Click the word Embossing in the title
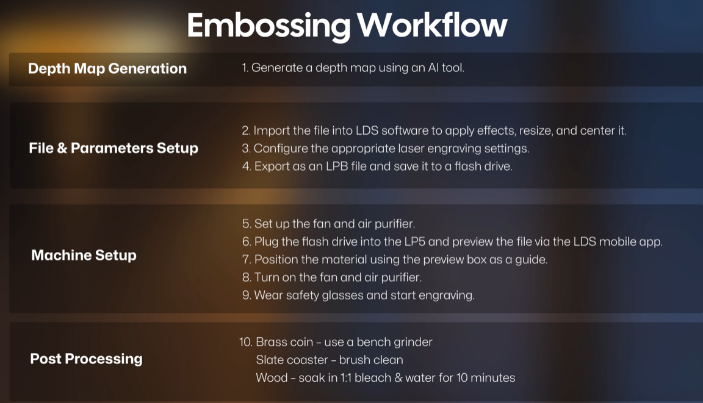click(x=269, y=26)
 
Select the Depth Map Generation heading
click(x=107, y=68)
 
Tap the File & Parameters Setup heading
click(x=114, y=148)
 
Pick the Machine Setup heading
click(x=84, y=255)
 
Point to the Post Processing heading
click(x=86, y=358)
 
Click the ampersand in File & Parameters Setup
click(x=62, y=148)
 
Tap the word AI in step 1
click(x=433, y=68)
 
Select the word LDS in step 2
click(x=367, y=130)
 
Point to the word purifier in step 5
click(x=398, y=224)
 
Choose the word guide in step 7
click(x=532, y=260)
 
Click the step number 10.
click(x=246, y=342)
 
